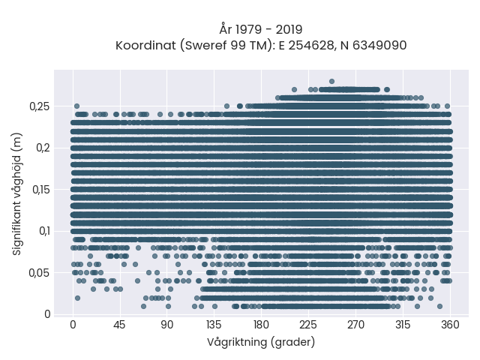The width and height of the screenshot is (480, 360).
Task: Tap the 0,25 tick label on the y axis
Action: [39, 106]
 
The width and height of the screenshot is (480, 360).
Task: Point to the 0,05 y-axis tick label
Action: [39, 273]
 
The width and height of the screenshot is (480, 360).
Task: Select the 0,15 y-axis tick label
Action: [40, 190]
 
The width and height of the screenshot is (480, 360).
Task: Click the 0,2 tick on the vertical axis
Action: [43, 148]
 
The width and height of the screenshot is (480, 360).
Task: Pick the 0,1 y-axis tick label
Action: [44, 231]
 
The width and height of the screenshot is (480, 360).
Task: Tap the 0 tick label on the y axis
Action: [47, 314]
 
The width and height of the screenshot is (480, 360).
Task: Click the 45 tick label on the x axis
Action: [119, 325]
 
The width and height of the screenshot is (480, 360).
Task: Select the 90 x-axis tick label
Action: [166, 325]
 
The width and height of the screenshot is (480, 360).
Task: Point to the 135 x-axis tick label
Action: [214, 325]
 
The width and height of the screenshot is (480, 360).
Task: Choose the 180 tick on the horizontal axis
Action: [261, 325]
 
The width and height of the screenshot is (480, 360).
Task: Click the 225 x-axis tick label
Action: [308, 325]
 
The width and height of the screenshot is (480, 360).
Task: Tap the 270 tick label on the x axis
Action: [355, 325]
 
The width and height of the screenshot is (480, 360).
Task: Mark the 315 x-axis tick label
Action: [403, 325]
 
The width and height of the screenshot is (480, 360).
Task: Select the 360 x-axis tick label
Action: [450, 325]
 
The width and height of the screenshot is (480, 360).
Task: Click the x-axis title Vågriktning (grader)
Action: [261, 342]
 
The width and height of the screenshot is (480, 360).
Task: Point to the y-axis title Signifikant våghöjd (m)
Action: [16, 194]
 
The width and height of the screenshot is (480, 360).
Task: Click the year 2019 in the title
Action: [289, 30]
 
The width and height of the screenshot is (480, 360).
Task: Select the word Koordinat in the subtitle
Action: [145, 45]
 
